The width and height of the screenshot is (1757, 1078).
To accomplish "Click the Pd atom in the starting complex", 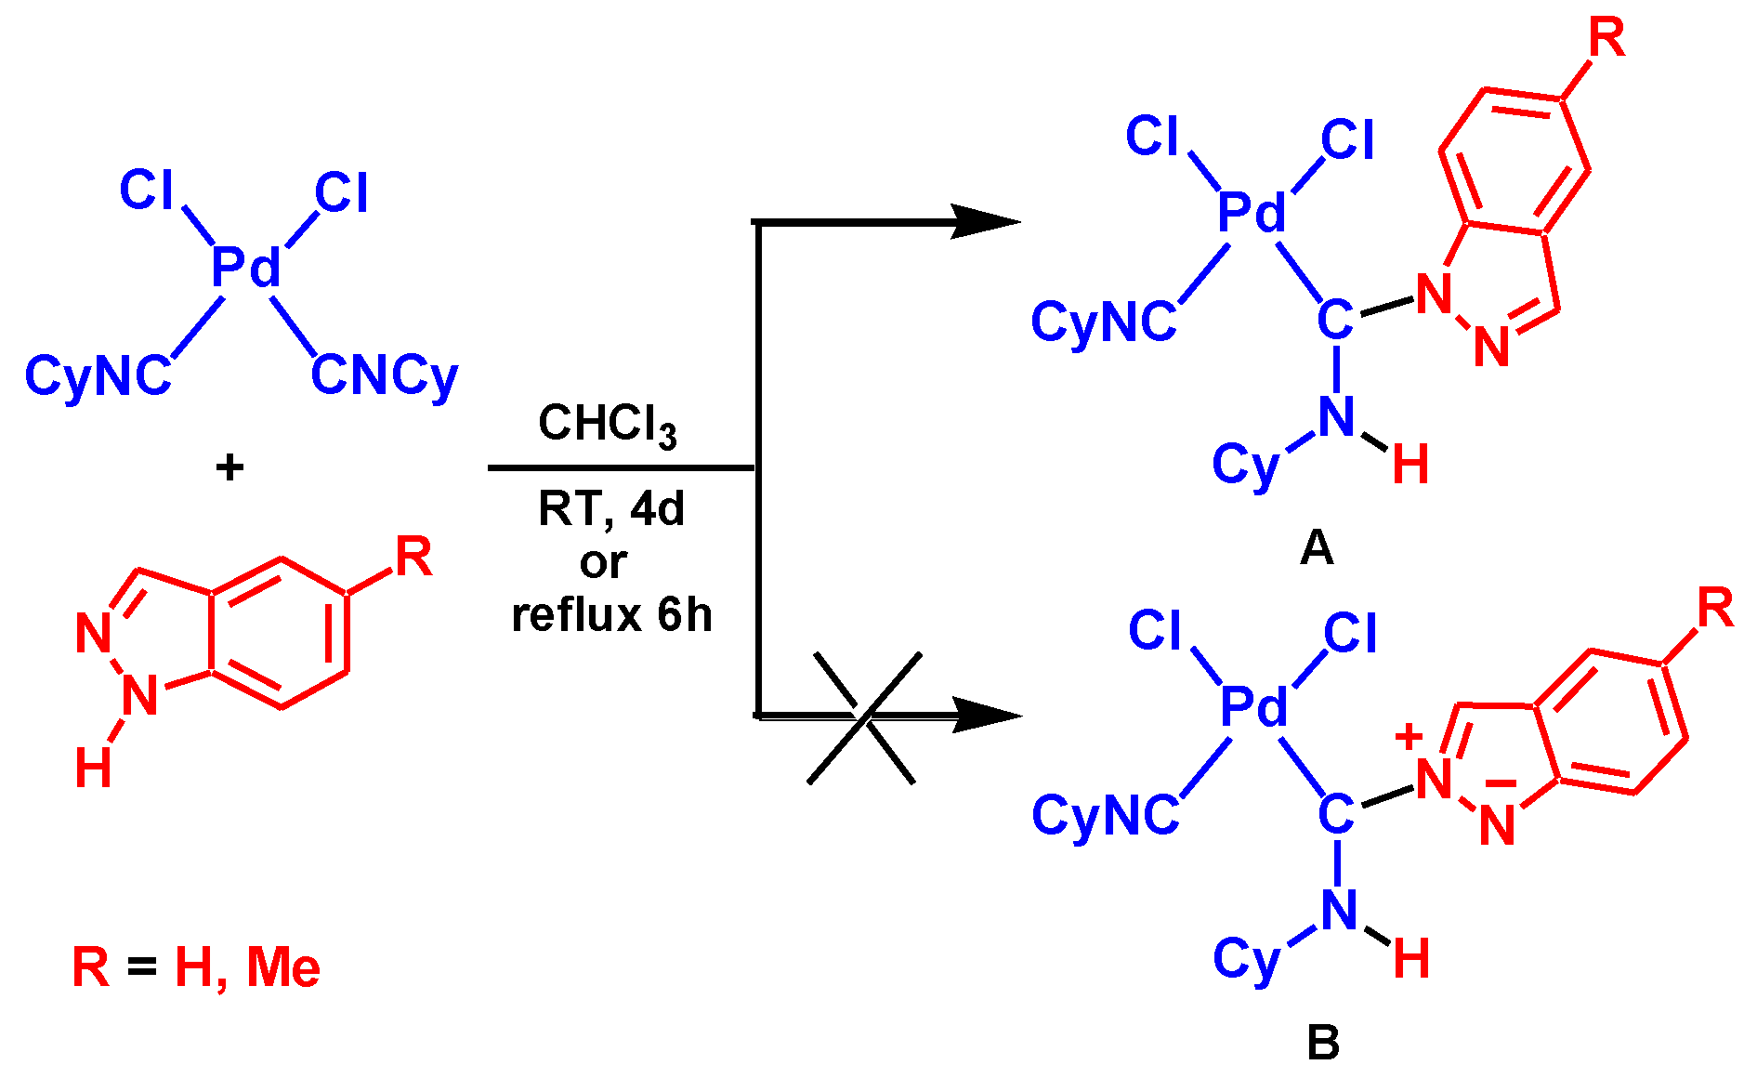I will [245, 269].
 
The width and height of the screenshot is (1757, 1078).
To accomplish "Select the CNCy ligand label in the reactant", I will [384, 376].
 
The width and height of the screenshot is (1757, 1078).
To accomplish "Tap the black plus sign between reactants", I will [229, 467].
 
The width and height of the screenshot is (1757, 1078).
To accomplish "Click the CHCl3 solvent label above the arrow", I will [607, 425].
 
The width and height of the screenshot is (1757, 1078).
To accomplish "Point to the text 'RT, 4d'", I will [610, 509].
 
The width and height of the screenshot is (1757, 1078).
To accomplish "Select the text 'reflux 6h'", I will [611, 615].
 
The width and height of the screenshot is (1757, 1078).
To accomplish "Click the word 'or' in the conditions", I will [603, 562].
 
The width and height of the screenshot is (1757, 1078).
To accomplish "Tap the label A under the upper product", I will [1317, 548].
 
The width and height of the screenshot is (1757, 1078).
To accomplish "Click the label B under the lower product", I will [1322, 1043].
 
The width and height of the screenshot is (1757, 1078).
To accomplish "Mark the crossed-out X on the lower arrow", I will [864, 717].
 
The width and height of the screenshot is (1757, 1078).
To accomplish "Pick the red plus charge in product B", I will [1409, 738].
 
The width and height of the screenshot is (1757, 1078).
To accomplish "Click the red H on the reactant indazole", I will [93, 769].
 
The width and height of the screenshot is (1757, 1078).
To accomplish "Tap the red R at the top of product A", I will [1606, 39].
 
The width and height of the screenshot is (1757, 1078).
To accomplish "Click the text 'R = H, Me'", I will [196, 967].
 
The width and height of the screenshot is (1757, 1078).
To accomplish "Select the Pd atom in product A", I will [1252, 214].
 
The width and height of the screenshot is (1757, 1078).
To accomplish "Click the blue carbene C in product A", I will [1334, 322].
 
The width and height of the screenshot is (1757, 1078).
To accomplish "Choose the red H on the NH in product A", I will [1410, 465].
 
